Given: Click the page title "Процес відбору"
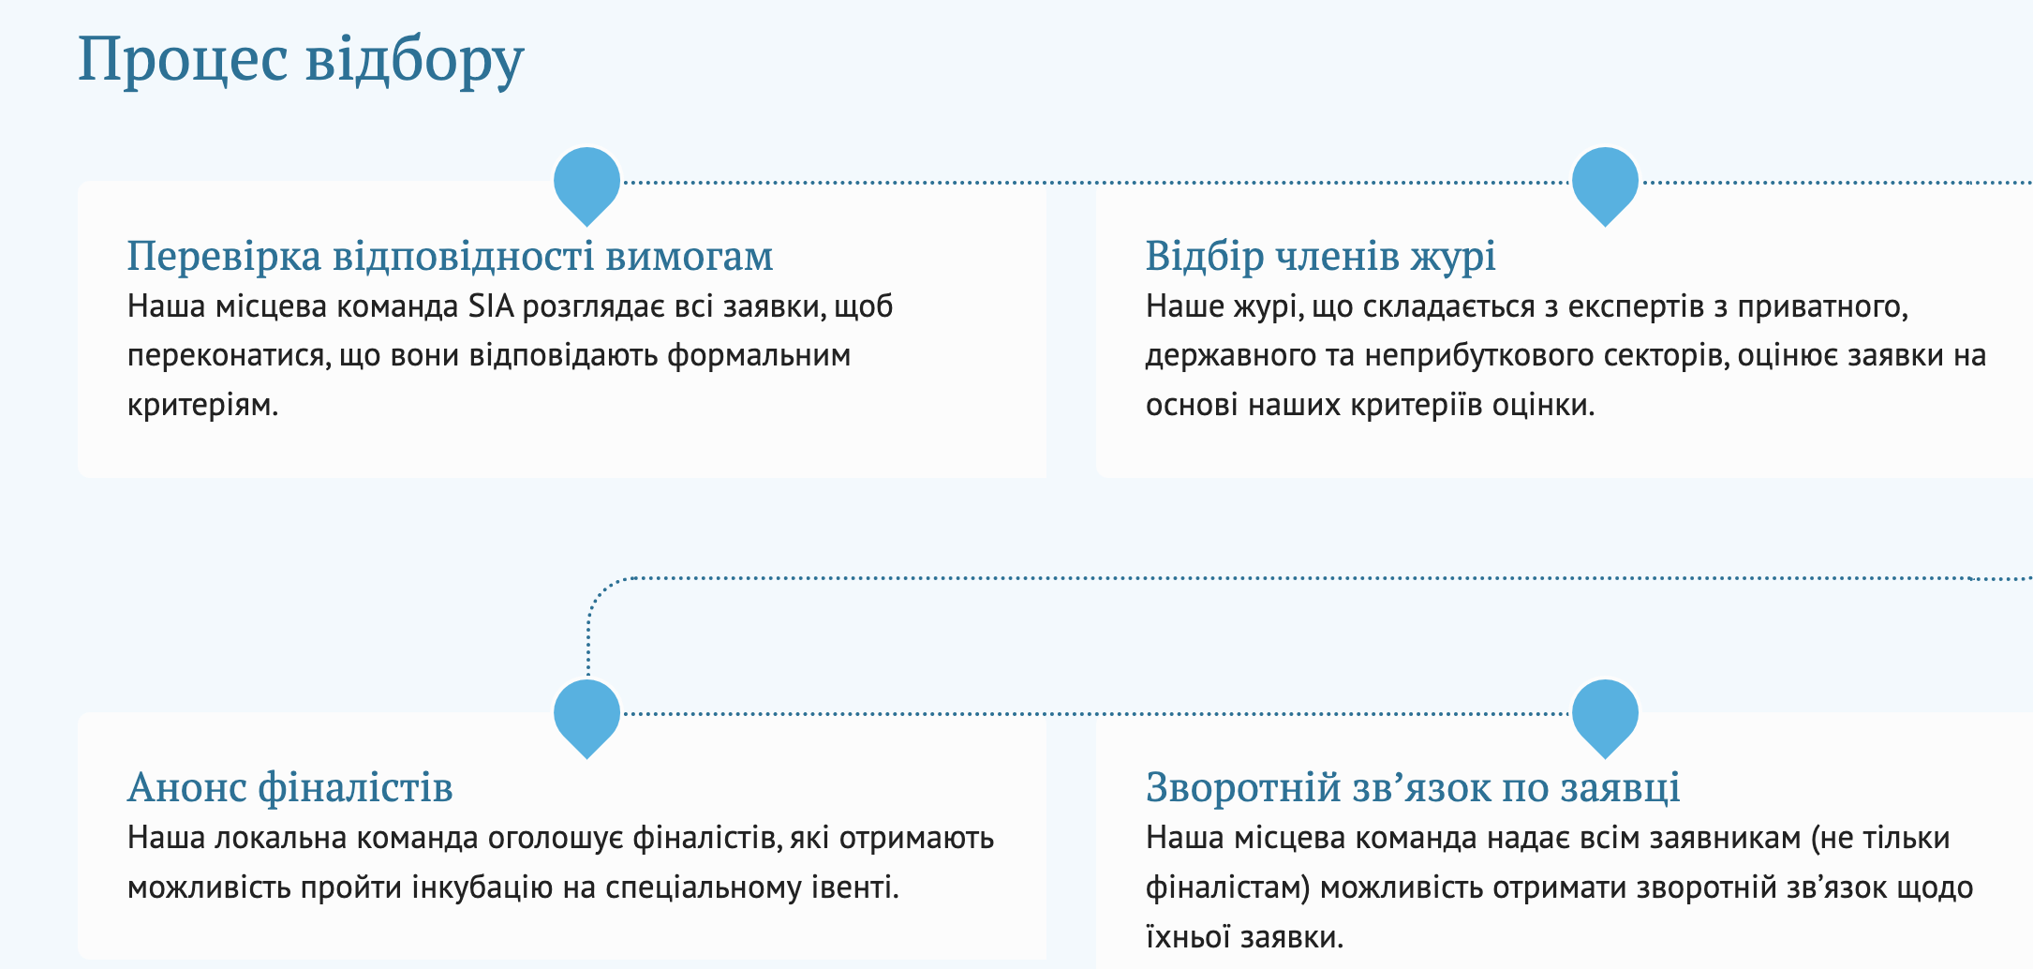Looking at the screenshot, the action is (x=301, y=60).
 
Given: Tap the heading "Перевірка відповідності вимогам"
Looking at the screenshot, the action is (x=451, y=256).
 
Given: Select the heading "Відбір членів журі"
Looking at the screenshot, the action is (x=1321, y=256).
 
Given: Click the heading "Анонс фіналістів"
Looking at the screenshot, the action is (x=290, y=787).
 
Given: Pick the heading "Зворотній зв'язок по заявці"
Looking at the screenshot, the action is (x=1413, y=787).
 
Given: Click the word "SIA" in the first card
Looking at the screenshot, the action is (x=492, y=306).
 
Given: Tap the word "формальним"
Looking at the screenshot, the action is (x=759, y=356).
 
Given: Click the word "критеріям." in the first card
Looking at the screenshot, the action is (x=203, y=406).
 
